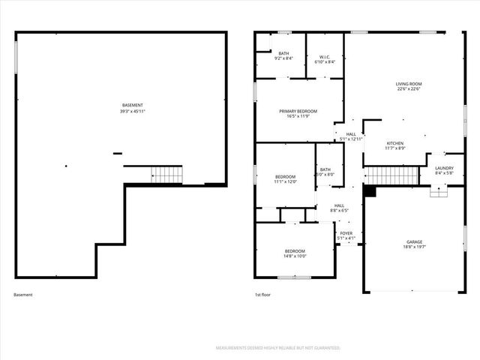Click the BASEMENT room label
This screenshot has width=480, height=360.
click(x=133, y=105)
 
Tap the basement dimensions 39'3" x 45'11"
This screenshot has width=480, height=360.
click(x=133, y=111)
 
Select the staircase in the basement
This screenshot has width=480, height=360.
click(x=167, y=175)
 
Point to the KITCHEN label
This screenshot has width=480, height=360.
click(x=395, y=142)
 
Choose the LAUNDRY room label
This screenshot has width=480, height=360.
click(x=444, y=168)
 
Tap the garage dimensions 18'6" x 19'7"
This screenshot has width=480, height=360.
click(x=413, y=248)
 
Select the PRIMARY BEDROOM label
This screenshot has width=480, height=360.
click(x=298, y=111)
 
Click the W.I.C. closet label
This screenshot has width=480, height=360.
click(x=325, y=57)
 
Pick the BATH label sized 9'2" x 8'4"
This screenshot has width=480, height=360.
click(x=283, y=53)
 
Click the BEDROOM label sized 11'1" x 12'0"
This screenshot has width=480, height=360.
click(x=286, y=176)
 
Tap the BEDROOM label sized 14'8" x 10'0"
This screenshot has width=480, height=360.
click(x=295, y=250)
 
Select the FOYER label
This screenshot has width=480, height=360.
click(x=346, y=233)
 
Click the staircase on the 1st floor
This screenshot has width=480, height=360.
click(x=391, y=175)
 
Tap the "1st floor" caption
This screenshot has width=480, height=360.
click(x=263, y=295)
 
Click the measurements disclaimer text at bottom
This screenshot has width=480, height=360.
click(x=278, y=348)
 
